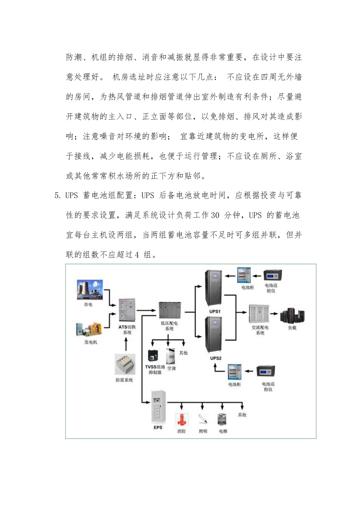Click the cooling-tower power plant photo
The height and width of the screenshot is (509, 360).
click(90, 290)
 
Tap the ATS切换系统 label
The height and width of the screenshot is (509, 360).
click(127, 329)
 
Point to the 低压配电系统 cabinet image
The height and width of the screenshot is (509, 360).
click(169, 310)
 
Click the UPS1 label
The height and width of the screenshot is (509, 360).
click(215, 311)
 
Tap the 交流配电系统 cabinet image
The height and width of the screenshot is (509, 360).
click(259, 313)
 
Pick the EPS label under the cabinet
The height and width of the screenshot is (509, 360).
click(158, 427)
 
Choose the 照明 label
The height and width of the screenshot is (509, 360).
click(203, 431)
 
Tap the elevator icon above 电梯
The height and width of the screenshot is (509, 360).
click(222, 419)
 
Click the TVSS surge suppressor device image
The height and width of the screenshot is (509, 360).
click(153, 356)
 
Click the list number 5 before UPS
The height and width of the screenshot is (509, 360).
click(57, 195)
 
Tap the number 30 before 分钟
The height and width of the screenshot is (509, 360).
click(215, 215)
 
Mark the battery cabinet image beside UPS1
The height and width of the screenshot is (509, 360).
click(244, 275)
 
